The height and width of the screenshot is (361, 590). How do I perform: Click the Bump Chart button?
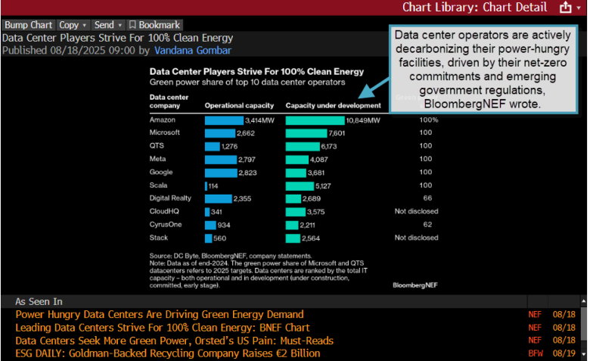(28, 25)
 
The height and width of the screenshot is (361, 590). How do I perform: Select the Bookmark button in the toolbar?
(154, 25)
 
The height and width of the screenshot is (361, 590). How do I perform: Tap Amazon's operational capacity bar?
(224, 120)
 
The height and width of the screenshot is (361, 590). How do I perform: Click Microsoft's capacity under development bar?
(306, 133)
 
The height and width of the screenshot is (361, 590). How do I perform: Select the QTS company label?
(157, 146)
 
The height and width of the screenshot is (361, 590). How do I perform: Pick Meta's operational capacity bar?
(220, 160)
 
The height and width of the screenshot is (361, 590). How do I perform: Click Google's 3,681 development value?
(337, 173)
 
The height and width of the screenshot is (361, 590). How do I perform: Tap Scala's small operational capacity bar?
(206, 185)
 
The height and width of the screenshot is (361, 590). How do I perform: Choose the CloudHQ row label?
(165, 211)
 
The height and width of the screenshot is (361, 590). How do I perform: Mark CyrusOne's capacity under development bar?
(293, 225)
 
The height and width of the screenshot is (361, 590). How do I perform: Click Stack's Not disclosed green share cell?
(416, 238)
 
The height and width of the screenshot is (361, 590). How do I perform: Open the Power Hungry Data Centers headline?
(160, 314)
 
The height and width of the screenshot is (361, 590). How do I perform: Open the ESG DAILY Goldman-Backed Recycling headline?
(168, 353)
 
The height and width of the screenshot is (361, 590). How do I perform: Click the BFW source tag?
(535, 353)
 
